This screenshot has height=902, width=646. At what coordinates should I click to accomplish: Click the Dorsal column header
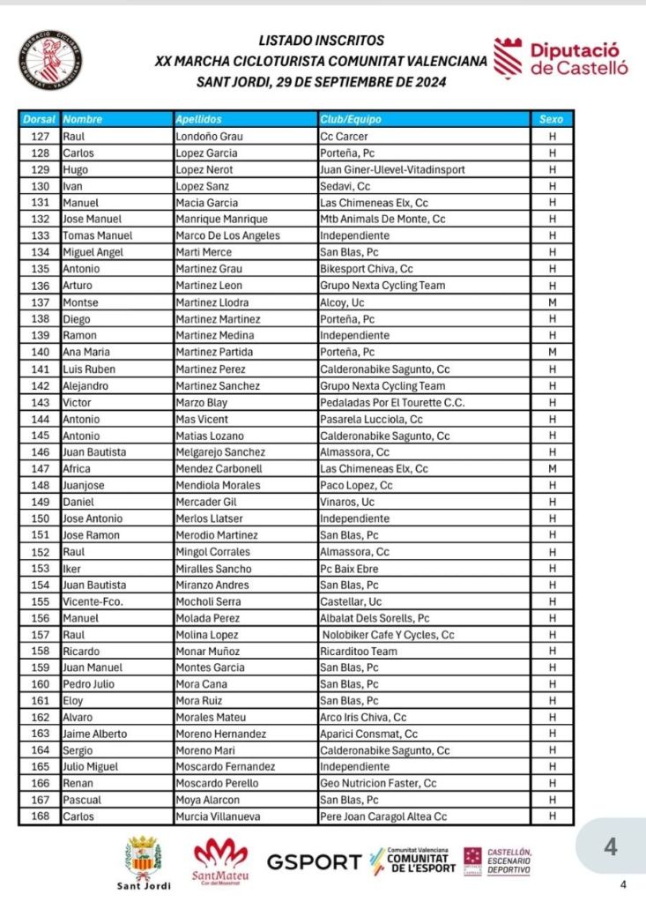click(40, 119)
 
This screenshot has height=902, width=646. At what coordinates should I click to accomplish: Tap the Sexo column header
click(552, 119)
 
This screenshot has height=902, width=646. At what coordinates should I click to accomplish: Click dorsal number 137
click(40, 302)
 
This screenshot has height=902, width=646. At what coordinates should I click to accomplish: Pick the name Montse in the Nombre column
click(79, 302)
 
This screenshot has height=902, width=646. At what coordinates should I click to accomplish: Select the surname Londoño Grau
click(210, 137)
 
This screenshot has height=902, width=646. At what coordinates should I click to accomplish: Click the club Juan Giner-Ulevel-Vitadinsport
click(392, 169)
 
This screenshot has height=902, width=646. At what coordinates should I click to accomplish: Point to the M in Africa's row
click(552, 469)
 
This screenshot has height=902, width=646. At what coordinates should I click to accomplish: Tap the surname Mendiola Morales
click(218, 486)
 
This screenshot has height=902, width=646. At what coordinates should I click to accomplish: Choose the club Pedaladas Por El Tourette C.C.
click(391, 403)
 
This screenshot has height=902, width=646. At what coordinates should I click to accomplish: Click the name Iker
click(71, 569)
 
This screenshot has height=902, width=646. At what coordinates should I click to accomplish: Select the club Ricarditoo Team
click(359, 652)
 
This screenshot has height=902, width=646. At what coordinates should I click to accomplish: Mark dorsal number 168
click(40, 817)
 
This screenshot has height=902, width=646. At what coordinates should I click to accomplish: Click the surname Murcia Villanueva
click(219, 817)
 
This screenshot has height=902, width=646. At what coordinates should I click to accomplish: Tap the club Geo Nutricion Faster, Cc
click(378, 784)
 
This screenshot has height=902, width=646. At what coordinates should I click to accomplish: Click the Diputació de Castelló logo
click(561, 58)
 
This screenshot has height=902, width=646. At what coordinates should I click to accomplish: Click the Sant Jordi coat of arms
click(143, 857)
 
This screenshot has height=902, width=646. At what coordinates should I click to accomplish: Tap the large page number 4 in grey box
click(611, 848)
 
